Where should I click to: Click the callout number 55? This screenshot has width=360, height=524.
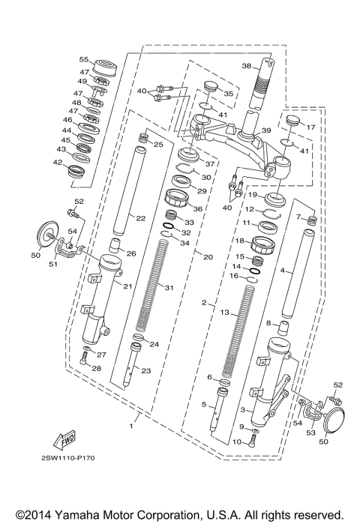(x=84, y=59)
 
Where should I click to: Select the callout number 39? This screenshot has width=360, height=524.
(x=265, y=132)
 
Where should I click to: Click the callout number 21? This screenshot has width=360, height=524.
(x=127, y=286)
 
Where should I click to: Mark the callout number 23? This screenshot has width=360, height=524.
(x=146, y=370)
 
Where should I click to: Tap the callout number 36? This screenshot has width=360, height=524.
(x=199, y=208)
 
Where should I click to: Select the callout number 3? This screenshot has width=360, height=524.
(x=242, y=410)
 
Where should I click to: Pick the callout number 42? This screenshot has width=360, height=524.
(x=57, y=162)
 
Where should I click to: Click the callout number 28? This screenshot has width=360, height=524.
(x=95, y=368)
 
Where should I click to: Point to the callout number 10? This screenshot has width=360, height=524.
(x=236, y=442)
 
